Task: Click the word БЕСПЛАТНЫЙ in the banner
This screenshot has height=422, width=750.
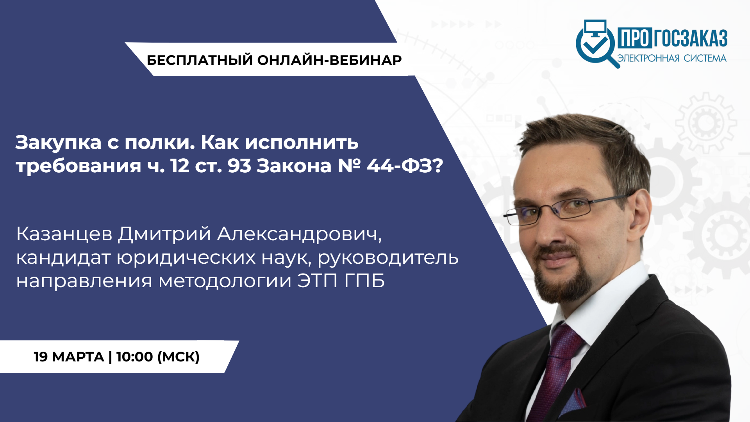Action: pyautogui.click(x=200, y=60)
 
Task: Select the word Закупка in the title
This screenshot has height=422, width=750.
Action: pyautogui.click(x=59, y=143)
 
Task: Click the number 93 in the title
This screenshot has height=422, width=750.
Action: pyautogui.click(x=239, y=166)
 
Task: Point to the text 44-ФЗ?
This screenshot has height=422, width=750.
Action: pyautogui.click(x=405, y=166)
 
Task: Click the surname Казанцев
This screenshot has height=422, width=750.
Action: pyautogui.click(x=64, y=234)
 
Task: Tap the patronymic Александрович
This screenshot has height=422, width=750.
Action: pyautogui.click(x=299, y=234)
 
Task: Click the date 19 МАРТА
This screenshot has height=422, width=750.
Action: pyautogui.click(x=69, y=357)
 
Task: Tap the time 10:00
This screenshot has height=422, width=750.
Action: pyautogui.click(x=134, y=357)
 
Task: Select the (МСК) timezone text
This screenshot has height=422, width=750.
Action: pyautogui.click(x=179, y=357)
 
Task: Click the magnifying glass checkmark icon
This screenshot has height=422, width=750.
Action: pyautogui.click(x=595, y=44)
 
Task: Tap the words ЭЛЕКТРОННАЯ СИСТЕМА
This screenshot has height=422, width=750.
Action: pyautogui.click(x=672, y=58)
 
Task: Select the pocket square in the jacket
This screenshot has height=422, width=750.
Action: pyautogui.click(x=574, y=402)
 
